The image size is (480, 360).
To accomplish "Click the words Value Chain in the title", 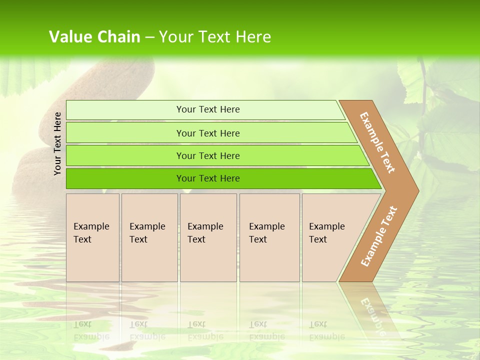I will click(94, 37).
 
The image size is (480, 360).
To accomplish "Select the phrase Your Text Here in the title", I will click(215, 37).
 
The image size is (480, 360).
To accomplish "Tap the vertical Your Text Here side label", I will click(57, 143).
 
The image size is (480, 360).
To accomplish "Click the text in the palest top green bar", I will click(208, 109).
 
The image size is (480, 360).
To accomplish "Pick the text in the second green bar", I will click(208, 133).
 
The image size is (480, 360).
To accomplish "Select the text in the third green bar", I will click(208, 156).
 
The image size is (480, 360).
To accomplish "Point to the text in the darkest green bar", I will click(208, 178).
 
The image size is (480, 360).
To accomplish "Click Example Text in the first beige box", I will click(91, 233).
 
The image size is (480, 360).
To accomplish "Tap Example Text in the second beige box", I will click(147, 233).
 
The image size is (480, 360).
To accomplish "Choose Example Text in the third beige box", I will click(205, 233).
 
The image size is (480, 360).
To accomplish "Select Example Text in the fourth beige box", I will click(266, 233).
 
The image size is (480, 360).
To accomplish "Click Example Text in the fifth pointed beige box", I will click(326, 233).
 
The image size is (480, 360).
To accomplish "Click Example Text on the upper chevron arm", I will click(377, 142).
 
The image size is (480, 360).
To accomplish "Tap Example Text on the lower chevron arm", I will click(379, 236).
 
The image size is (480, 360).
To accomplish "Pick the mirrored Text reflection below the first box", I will click(82, 324).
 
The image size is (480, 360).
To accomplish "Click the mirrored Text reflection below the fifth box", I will click(318, 324).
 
